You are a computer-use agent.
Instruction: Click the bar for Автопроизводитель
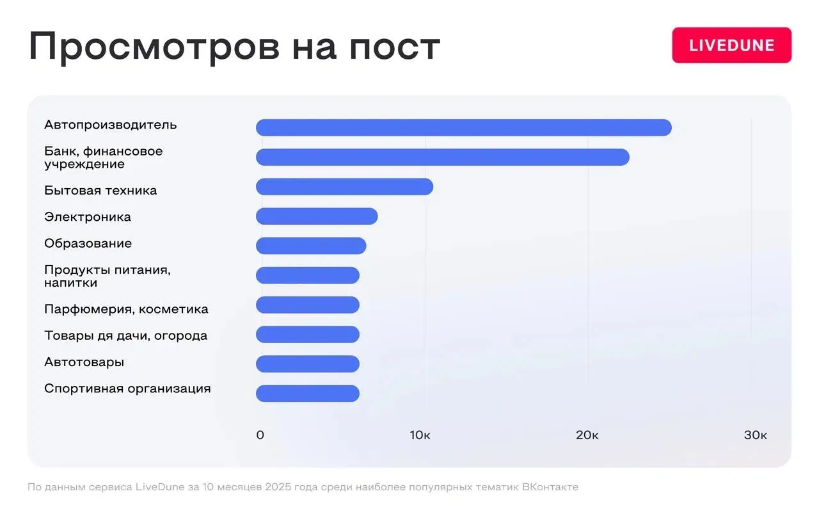pyautogui.click(x=464, y=127)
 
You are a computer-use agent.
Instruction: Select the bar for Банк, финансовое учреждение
pyautogui.click(x=442, y=157)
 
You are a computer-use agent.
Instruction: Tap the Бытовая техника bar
pyautogui.click(x=344, y=187)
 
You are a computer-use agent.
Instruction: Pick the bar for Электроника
pyautogui.click(x=317, y=216)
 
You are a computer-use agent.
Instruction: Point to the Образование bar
pyautogui.click(x=311, y=246)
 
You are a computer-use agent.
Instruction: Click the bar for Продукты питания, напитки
pyautogui.click(x=308, y=275)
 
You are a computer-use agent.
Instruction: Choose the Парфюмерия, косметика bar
pyautogui.click(x=308, y=305)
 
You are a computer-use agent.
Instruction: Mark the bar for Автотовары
pyautogui.click(x=308, y=364)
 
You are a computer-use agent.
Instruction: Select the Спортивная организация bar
pyautogui.click(x=308, y=394)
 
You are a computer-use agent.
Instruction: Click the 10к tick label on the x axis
pyautogui.click(x=420, y=435)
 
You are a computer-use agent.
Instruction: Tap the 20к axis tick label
pyautogui.click(x=587, y=435)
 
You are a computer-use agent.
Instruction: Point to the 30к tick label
pyautogui.click(x=756, y=435)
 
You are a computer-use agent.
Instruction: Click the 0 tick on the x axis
pyautogui.click(x=260, y=435)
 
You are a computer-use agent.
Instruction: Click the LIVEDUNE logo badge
pyautogui.click(x=731, y=45)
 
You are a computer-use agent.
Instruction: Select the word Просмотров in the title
pyautogui.click(x=154, y=47)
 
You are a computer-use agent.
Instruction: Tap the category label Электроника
pyautogui.click(x=88, y=217)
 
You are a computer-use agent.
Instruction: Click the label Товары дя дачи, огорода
pyautogui.click(x=126, y=336)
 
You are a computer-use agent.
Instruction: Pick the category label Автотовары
pyautogui.click(x=84, y=362)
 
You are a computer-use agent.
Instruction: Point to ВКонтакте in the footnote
pyautogui.click(x=550, y=487)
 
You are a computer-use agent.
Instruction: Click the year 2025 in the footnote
pyautogui.click(x=278, y=487)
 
